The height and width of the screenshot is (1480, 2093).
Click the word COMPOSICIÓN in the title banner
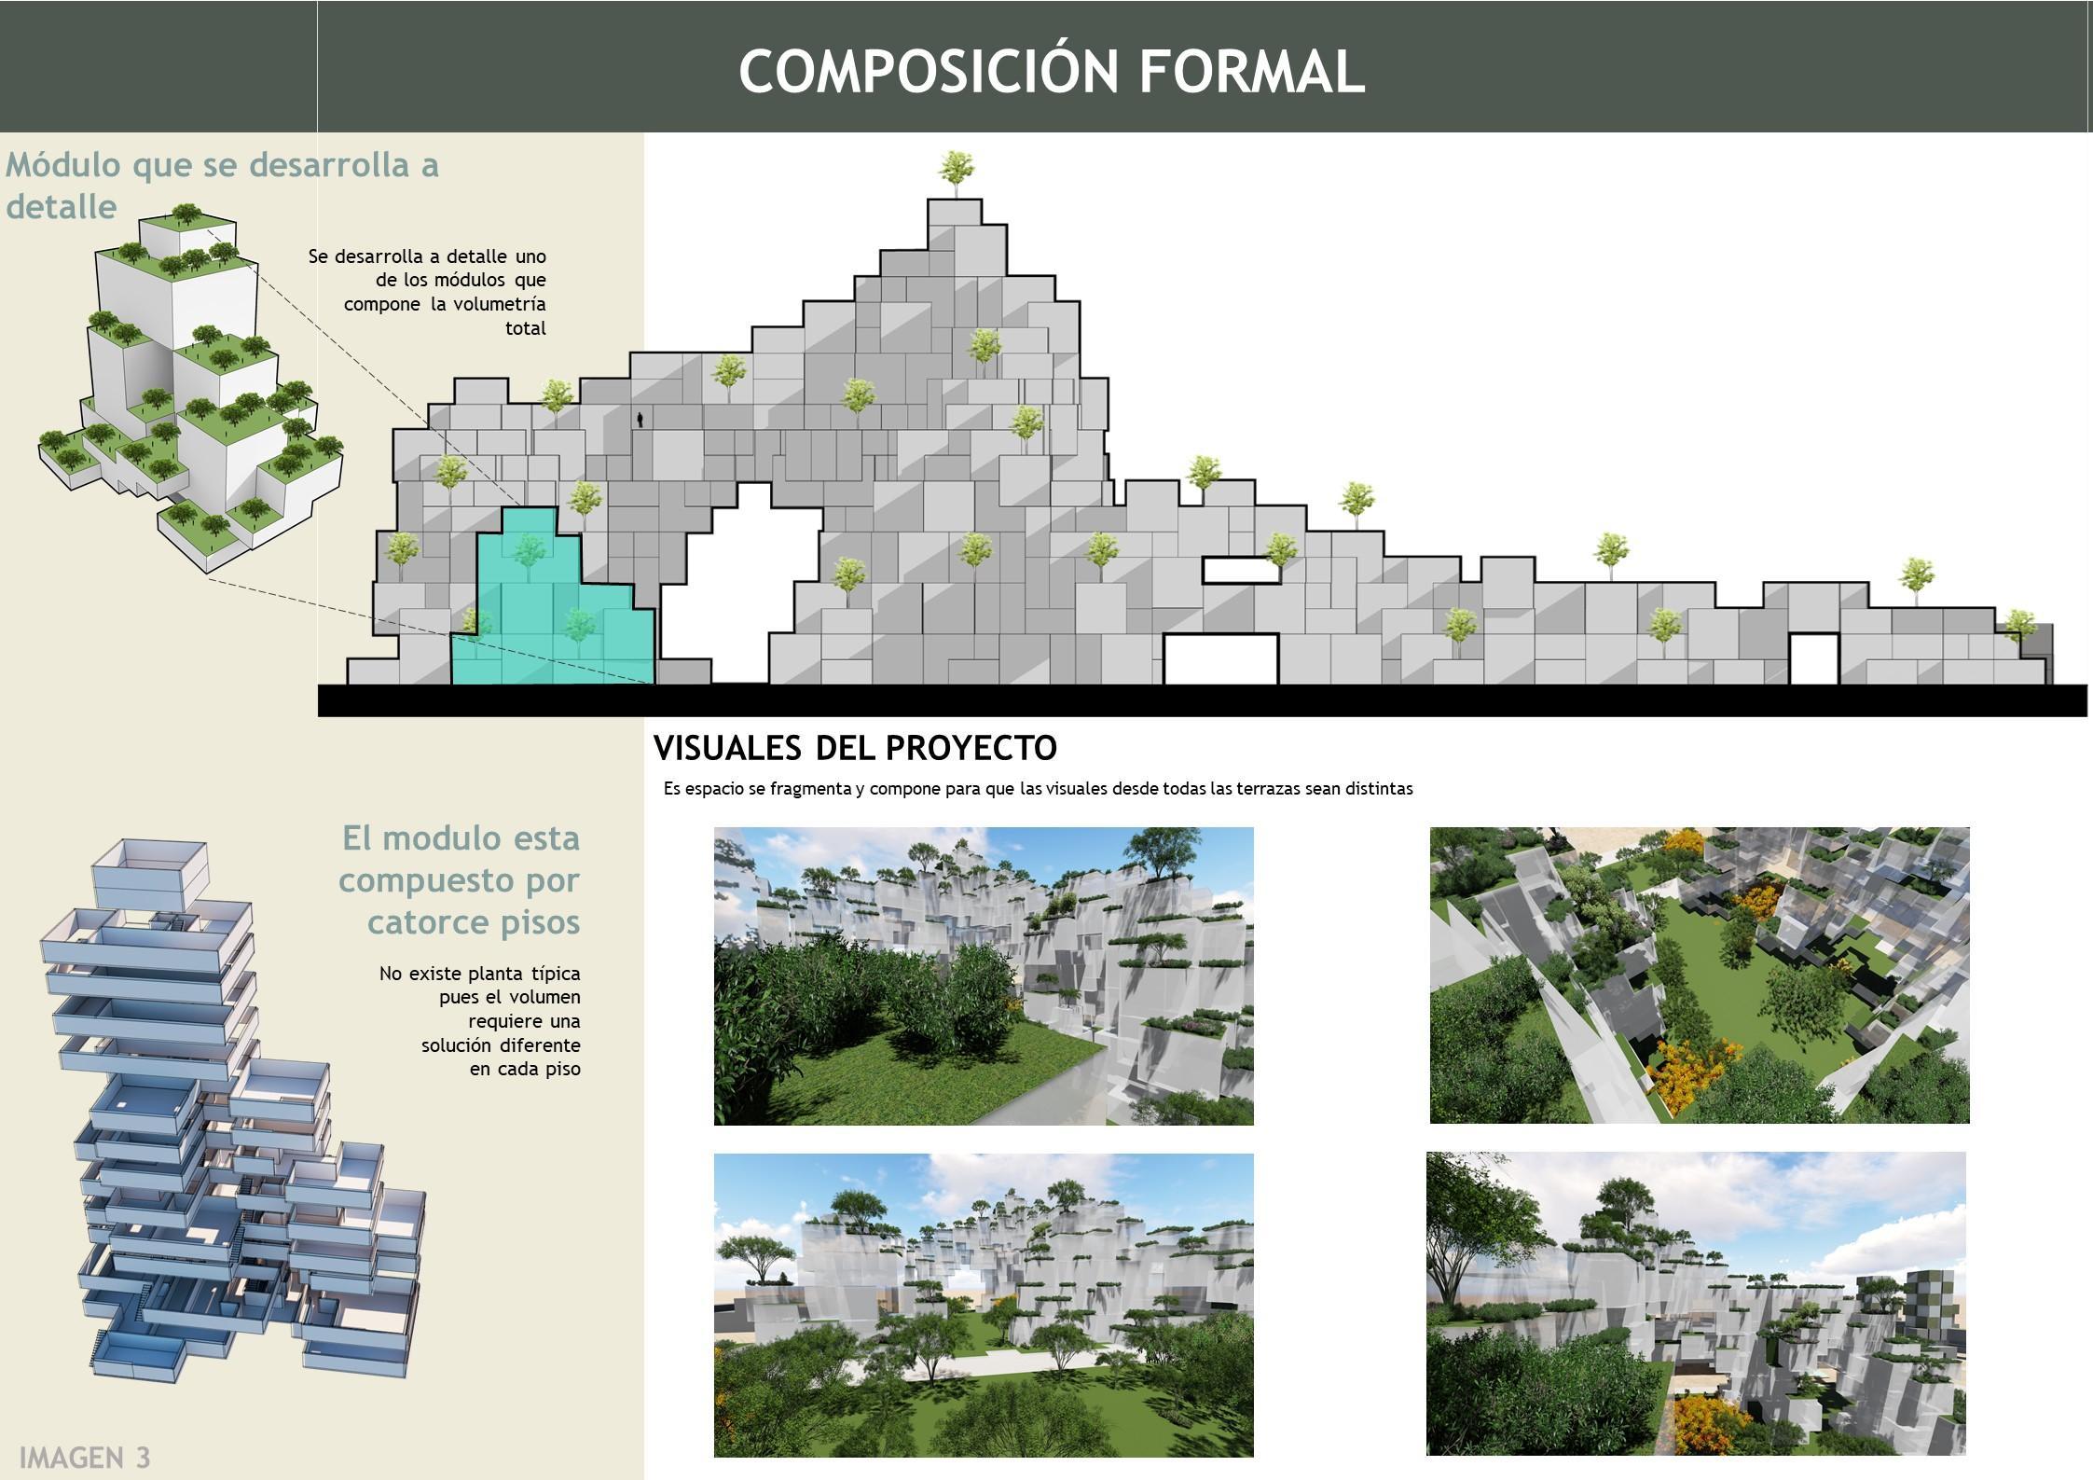pyautogui.click(x=929, y=72)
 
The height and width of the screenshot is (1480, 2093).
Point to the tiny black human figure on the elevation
pyautogui.click(x=640, y=421)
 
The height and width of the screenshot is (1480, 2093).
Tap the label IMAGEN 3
pyautogui.click(x=84, y=1457)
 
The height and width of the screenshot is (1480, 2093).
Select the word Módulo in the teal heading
pyautogui.click(x=63, y=165)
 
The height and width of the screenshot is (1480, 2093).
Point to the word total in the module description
pyautogui.click(x=526, y=328)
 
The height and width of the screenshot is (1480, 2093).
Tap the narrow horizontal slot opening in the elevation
pyautogui.click(x=1239, y=570)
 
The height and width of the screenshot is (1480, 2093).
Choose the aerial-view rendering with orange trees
pyautogui.click(x=1699, y=975)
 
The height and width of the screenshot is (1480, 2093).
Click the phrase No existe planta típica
pyautogui.click(x=479, y=974)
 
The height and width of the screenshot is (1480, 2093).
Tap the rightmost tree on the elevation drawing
pyautogui.click(x=2018, y=624)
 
